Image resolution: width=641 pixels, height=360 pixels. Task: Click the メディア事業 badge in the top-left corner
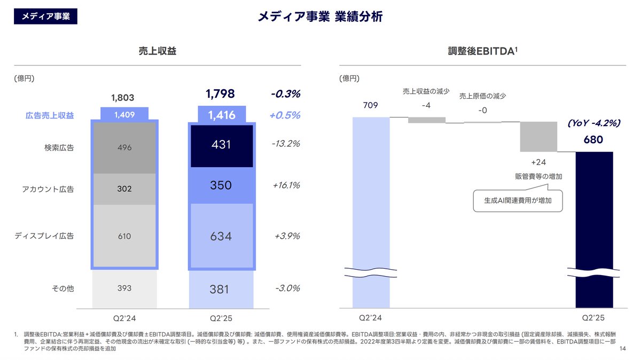click(x=45, y=17)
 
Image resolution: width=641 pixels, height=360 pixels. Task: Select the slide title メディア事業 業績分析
click(x=320, y=17)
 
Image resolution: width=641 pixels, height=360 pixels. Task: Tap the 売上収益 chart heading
click(x=157, y=51)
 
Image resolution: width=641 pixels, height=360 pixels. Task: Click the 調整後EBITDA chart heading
click(x=483, y=51)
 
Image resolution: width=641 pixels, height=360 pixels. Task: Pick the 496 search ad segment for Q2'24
click(x=124, y=148)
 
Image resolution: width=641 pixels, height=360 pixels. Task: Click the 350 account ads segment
click(x=221, y=185)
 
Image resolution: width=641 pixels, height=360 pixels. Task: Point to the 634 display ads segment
click(x=221, y=236)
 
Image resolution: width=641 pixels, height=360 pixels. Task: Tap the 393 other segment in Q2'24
click(x=124, y=288)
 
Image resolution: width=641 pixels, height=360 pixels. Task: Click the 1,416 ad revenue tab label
click(x=221, y=115)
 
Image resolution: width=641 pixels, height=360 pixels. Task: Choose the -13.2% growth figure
click(x=286, y=144)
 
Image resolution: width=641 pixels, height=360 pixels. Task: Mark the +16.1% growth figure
click(x=286, y=185)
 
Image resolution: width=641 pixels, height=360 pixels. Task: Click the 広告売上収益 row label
click(x=50, y=115)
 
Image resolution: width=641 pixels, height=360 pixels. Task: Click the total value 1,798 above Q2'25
click(x=220, y=95)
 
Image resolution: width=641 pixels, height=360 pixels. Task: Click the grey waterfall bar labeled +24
click(x=538, y=137)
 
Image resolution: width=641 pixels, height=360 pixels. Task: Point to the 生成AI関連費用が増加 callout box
click(x=518, y=201)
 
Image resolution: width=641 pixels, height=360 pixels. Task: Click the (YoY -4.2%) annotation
click(x=593, y=123)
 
